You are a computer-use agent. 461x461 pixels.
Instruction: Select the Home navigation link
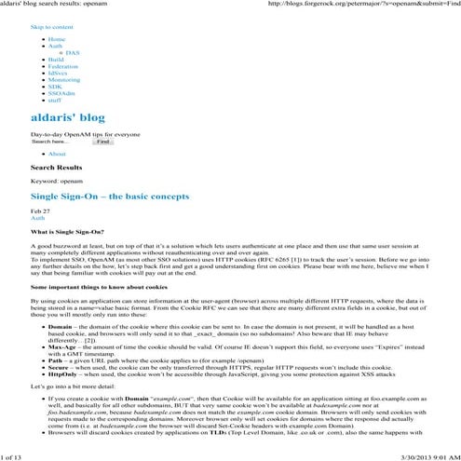(57, 40)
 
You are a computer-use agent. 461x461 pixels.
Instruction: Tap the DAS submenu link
(73, 53)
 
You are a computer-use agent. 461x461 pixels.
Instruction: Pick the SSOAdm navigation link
(61, 94)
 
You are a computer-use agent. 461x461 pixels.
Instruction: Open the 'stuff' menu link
(55, 101)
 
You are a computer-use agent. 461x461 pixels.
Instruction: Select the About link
(57, 154)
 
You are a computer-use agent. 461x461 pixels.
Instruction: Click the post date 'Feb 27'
(39, 211)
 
